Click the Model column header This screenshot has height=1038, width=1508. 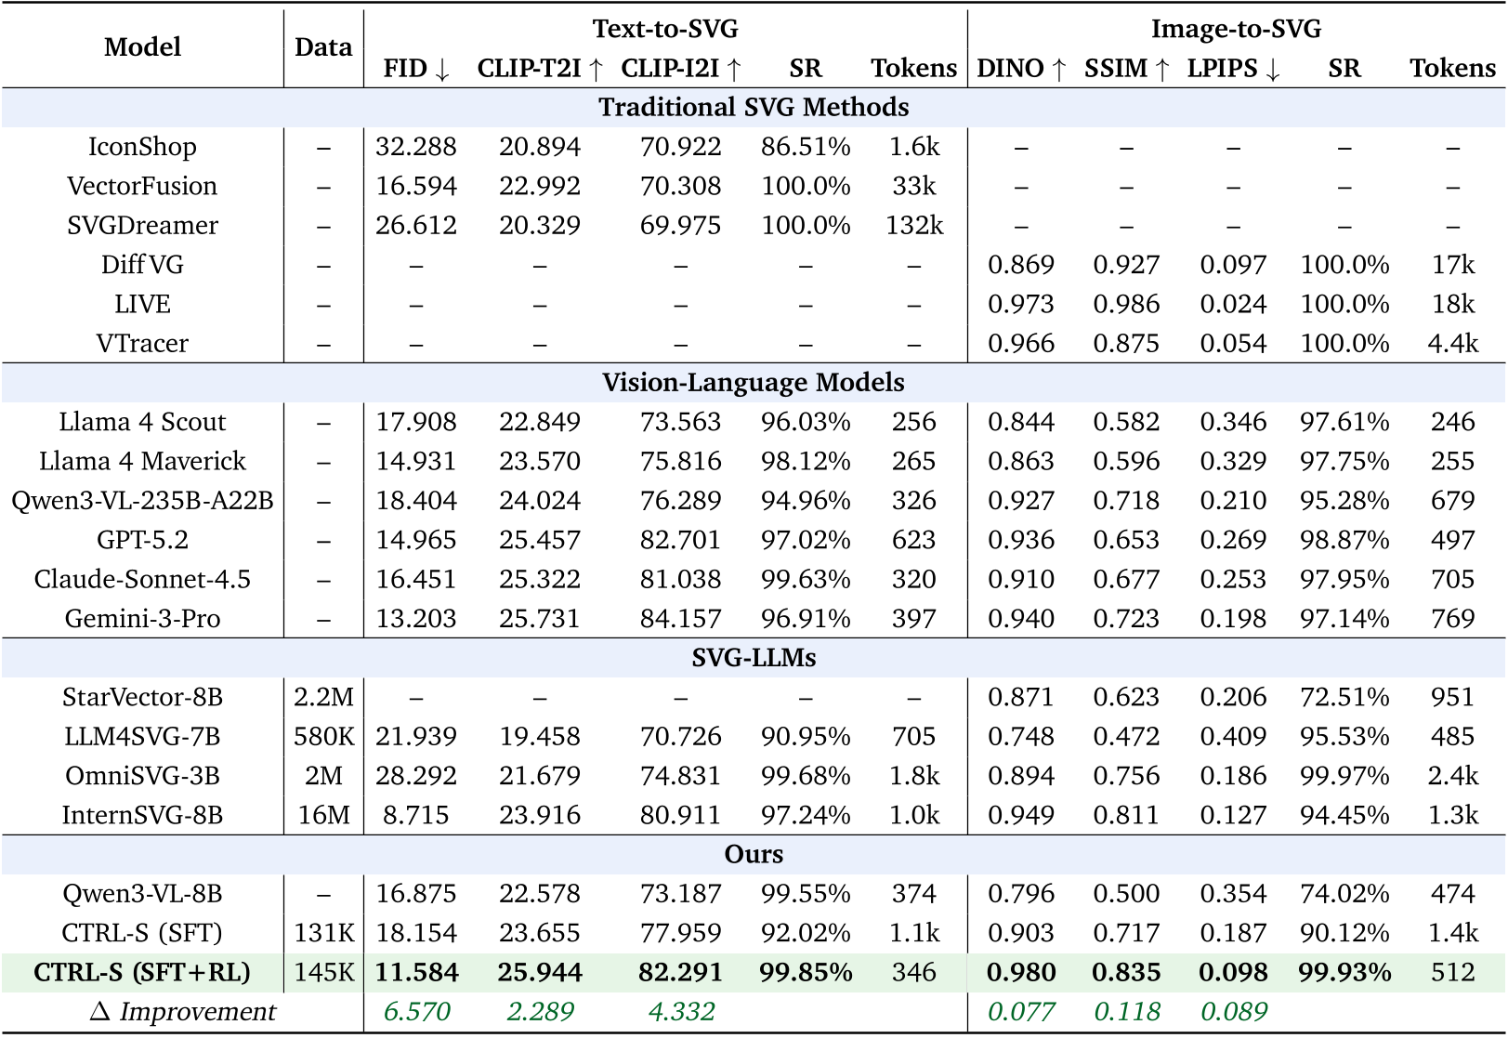tap(142, 47)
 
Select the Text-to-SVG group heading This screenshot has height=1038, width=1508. tap(665, 29)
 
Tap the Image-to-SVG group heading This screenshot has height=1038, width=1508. tap(1236, 29)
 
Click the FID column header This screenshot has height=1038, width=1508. tap(415, 69)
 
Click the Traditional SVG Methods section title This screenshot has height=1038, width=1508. tap(754, 108)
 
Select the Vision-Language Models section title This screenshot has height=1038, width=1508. tap(754, 383)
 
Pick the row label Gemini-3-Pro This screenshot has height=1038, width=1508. tap(142, 619)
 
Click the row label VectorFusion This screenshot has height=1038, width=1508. tap(142, 186)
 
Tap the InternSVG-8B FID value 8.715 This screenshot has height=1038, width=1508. tap(415, 815)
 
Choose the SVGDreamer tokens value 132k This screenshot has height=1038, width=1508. tap(914, 226)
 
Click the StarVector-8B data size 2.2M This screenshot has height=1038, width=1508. tap(323, 697)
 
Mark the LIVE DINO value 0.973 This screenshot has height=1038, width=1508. tap(1021, 304)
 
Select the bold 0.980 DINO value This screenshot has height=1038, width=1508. tap(1021, 973)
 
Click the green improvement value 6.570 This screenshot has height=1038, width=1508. tap(416, 1012)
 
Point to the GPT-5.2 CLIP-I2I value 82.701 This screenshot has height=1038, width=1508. tap(680, 540)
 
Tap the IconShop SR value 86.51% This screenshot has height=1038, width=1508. tap(806, 147)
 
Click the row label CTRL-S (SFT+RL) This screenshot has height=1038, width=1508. tap(142, 973)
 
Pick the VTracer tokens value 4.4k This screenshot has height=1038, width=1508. tap(1452, 344)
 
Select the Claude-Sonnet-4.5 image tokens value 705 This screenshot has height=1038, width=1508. tap(1452, 580)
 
